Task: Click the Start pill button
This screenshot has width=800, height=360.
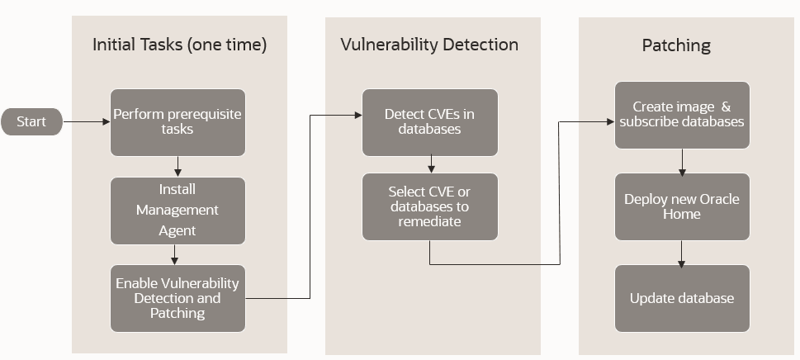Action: coord(31,121)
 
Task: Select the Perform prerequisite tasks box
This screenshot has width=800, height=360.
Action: coord(178,122)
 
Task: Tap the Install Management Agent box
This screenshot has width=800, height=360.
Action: coord(178,211)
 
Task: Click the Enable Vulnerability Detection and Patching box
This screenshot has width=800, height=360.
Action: coord(178,298)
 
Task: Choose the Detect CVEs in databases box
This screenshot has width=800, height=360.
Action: coord(429,122)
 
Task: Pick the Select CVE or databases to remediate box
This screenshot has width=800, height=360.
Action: coord(429,206)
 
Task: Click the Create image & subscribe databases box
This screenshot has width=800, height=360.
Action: coord(682,115)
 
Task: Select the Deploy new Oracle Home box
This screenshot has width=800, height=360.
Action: coord(682,206)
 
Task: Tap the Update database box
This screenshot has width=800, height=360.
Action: coord(682,298)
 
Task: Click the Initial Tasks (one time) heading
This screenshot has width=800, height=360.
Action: coord(179,45)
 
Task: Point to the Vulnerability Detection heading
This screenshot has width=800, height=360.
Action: coord(429,45)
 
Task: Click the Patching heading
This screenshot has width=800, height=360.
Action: coord(676,45)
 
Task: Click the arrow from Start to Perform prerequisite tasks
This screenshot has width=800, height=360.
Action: coord(87,121)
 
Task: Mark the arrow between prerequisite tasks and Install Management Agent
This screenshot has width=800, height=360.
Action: coord(178,166)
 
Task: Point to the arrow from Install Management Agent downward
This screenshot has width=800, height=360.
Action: coord(174,254)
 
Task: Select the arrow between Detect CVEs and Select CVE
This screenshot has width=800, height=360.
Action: coord(429,163)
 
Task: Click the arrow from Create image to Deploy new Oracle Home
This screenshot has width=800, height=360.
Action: coord(682,161)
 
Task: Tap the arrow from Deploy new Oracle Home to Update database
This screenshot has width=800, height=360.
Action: coord(682,253)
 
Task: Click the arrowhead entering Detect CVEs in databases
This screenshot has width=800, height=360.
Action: coord(357,116)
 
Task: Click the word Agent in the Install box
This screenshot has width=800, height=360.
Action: coord(178,231)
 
